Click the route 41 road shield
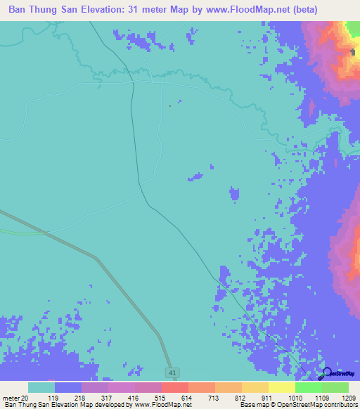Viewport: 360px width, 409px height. coord(172,372)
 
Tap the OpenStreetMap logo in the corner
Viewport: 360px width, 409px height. coord(338,374)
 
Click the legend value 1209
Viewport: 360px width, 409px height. coord(349,397)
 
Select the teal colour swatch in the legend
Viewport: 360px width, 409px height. coord(41,387)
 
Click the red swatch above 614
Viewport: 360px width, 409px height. coord(175,387)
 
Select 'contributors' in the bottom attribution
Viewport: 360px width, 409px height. coord(341,405)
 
